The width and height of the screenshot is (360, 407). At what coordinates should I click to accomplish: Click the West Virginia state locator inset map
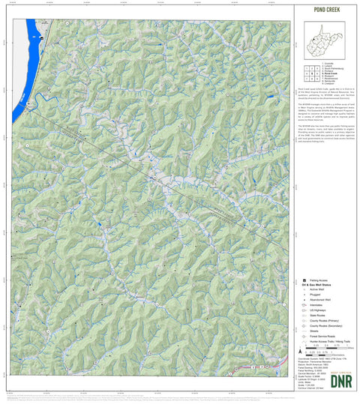tap(324, 40)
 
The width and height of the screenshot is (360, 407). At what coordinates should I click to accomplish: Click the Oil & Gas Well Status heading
tap(315, 286)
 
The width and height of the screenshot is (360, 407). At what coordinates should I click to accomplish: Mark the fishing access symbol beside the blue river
tap(42, 37)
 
